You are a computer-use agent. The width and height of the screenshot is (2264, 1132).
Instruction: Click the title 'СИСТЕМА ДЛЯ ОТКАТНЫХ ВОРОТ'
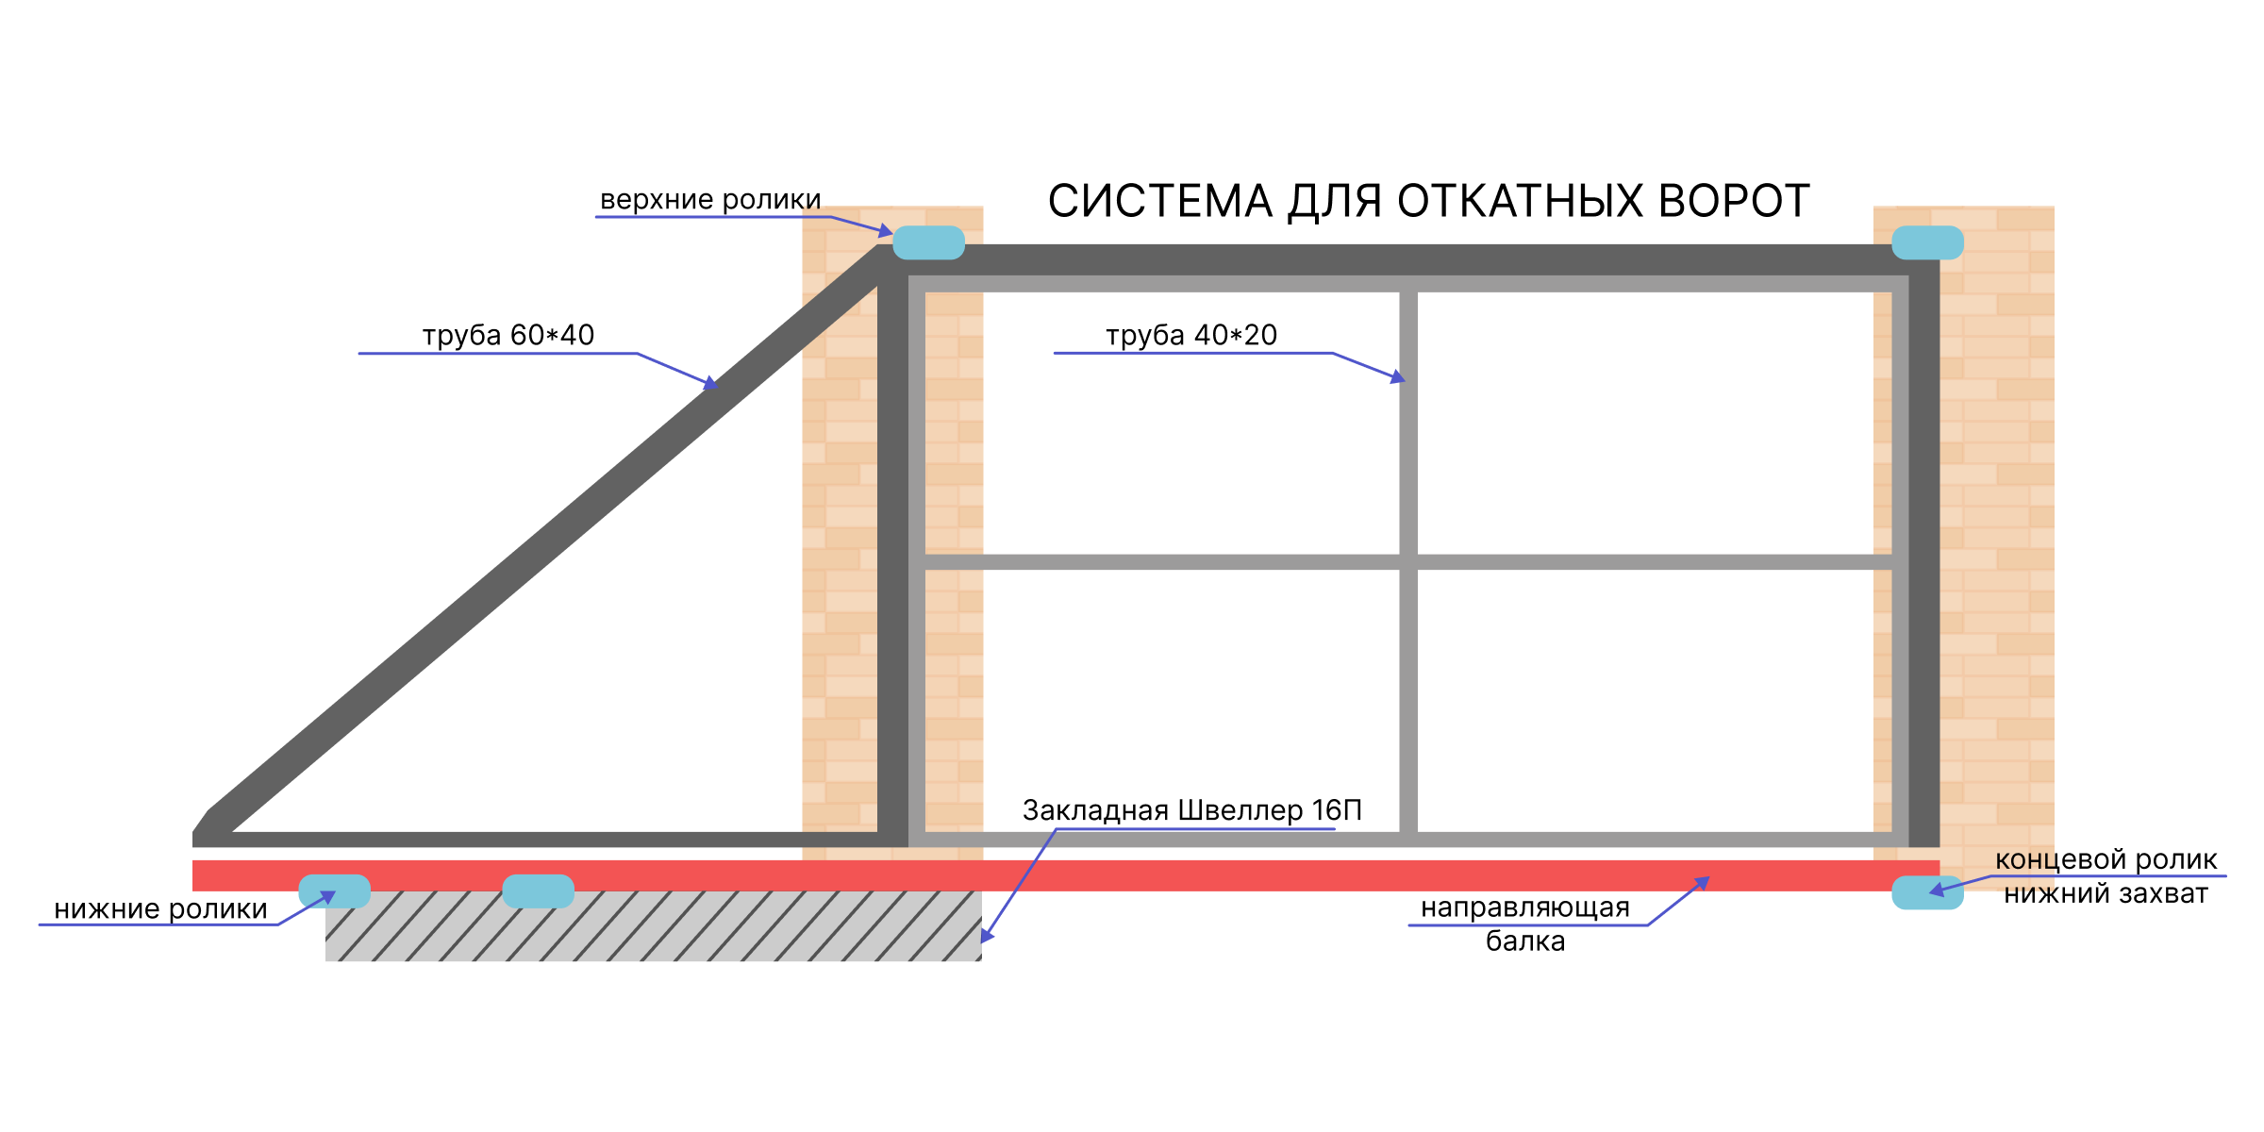pyautogui.click(x=1428, y=201)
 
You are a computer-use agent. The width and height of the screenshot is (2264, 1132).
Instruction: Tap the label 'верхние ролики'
pyautogui.click(x=710, y=200)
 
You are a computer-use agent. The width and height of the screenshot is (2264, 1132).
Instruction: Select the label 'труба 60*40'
pyautogui.click(x=508, y=335)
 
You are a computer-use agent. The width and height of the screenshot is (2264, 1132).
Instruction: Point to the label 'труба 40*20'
pyautogui.click(x=1191, y=335)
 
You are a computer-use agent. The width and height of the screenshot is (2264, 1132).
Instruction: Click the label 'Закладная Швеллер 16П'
pyautogui.click(x=1192, y=810)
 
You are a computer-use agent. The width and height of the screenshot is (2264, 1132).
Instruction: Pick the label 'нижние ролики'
pyautogui.click(x=160, y=909)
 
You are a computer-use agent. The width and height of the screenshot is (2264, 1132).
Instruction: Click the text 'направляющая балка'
pyautogui.click(x=1525, y=924)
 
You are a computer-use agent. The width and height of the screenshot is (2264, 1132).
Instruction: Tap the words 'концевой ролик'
pyautogui.click(x=2106, y=859)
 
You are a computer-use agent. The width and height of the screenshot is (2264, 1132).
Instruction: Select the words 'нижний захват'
pyautogui.click(x=2106, y=893)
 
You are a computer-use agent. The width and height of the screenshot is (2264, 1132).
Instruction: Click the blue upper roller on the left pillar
pyautogui.click(x=928, y=242)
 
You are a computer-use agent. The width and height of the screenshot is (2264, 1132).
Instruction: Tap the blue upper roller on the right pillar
pyautogui.click(x=1927, y=242)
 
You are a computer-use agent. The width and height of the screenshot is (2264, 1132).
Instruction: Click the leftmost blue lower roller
pyautogui.click(x=334, y=891)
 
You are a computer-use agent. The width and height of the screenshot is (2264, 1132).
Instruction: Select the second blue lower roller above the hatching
pyautogui.click(x=538, y=891)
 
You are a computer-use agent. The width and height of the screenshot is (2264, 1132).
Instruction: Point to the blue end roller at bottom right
pyautogui.click(x=1927, y=892)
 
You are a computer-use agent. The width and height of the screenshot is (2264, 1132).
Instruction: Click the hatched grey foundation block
pyautogui.click(x=653, y=926)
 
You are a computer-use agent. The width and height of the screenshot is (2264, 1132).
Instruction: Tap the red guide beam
pyautogui.click(x=1066, y=875)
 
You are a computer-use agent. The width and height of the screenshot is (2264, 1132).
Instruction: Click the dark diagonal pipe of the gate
pyautogui.click(x=542, y=538)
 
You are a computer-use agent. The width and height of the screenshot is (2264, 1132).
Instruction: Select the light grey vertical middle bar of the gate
pyautogui.click(x=1408, y=562)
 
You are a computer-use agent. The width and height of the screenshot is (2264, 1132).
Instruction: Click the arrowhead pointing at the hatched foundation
pyautogui.click(x=987, y=935)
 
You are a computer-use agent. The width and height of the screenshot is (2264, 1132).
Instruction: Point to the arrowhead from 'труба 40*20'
pyautogui.click(x=1398, y=377)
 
